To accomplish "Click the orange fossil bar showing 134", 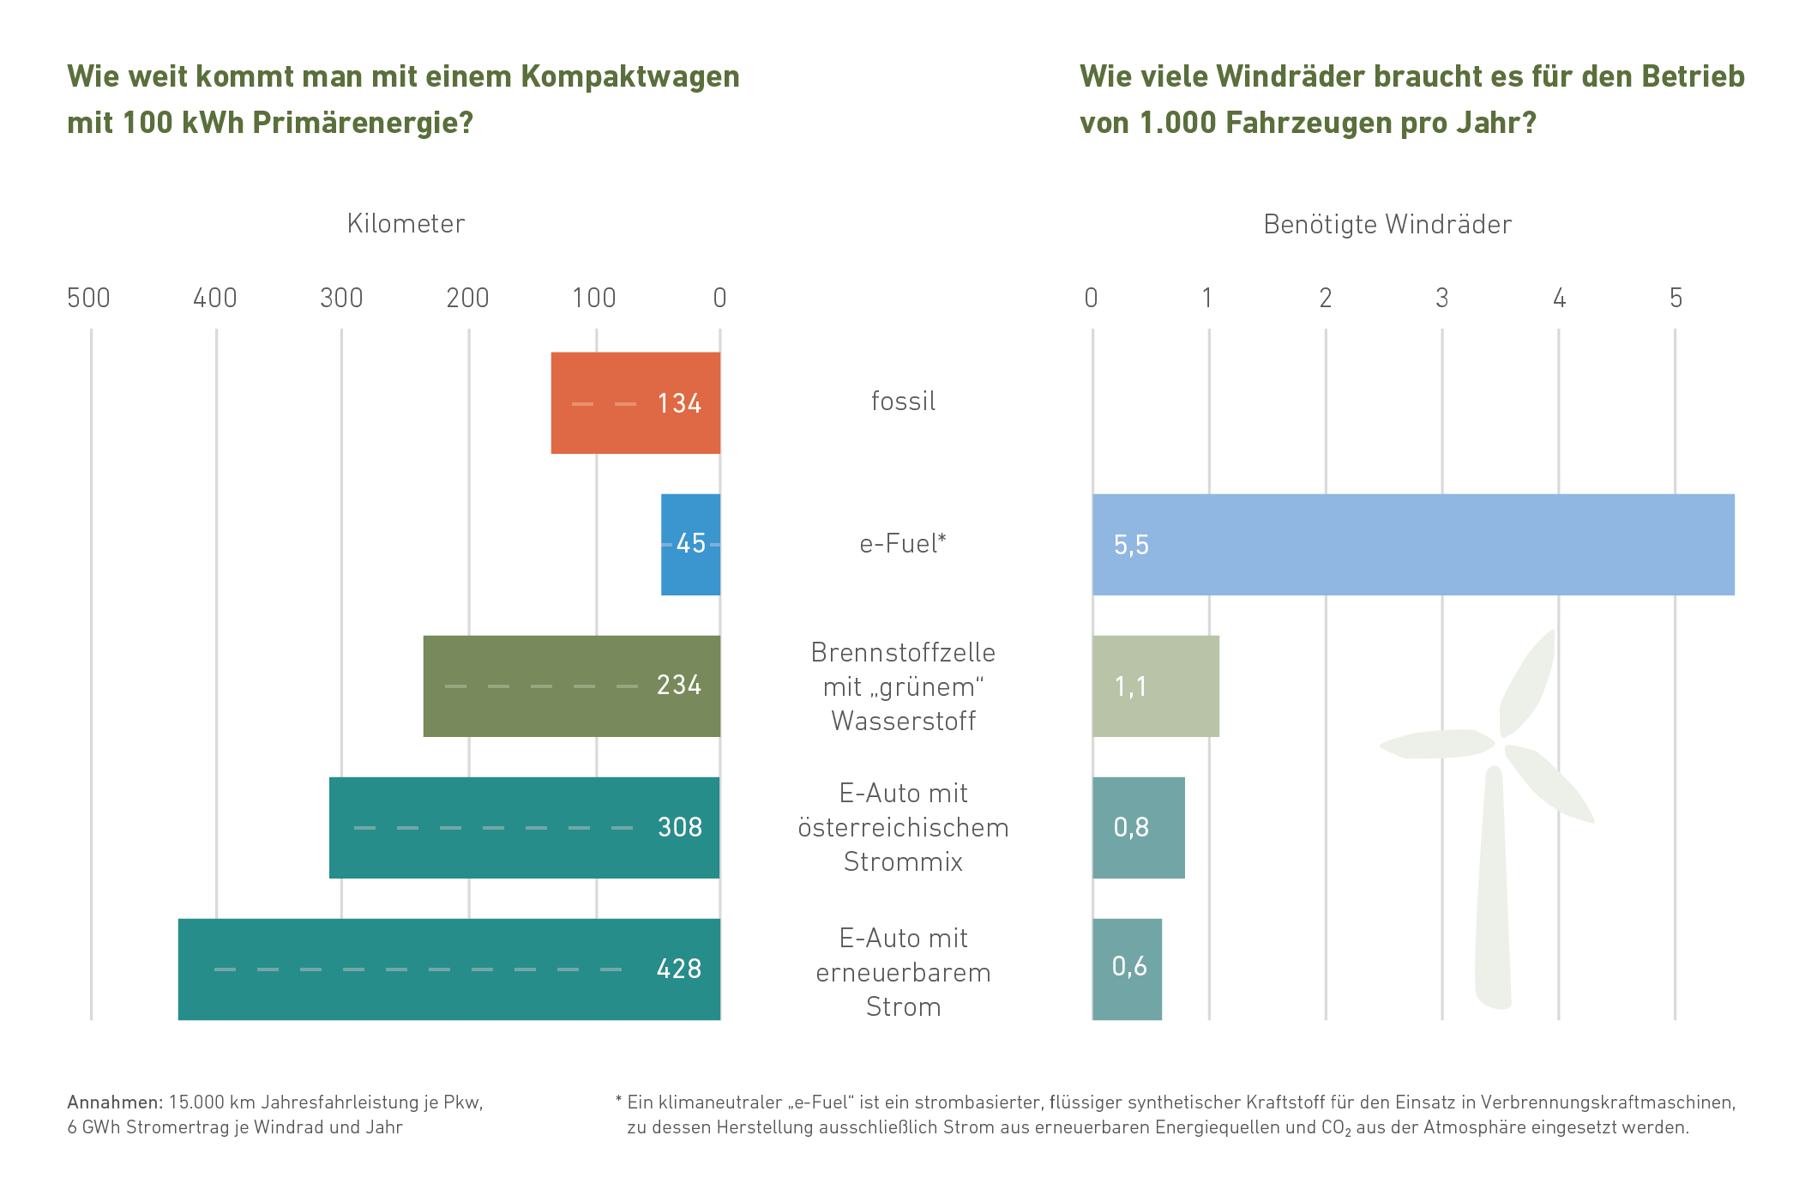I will tap(635, 403).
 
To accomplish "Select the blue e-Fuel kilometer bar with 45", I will tap(690, 544).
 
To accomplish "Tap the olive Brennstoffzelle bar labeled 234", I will tap(571, 686).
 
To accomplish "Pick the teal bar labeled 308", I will tap(524, 827).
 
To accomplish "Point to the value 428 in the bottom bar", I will tap(679, 969).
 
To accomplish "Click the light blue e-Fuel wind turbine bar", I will tap(1413, 544).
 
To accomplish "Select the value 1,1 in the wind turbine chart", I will tap(1130, 686).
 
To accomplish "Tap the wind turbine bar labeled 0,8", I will tap(1139, 827).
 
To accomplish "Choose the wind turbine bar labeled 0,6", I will tap(1127, 969).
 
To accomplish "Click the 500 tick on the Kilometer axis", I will tap(89, 299).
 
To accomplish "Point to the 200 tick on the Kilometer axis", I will tap(468, 299).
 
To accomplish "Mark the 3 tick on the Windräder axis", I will tap(1442, 299).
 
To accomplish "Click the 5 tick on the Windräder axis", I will tap(1676, 299).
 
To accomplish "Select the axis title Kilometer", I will tap(406, 224).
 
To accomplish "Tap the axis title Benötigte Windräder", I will tap(1387, 225).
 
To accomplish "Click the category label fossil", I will tap(903, 402).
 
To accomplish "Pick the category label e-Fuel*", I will tap(903, 544).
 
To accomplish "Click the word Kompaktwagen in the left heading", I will tap(630, 76).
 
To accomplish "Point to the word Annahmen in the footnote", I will tap(113, 1102).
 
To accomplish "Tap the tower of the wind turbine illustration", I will tap(1493, 892).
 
